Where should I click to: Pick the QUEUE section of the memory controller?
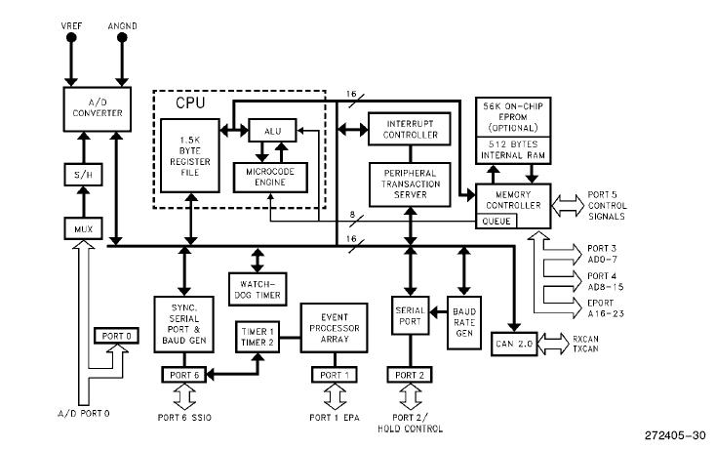[x=494, y=221]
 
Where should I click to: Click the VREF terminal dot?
[x=71, y=39]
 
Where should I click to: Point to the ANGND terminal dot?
[x=123, y=39]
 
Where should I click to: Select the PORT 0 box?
[x=114, y=336]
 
